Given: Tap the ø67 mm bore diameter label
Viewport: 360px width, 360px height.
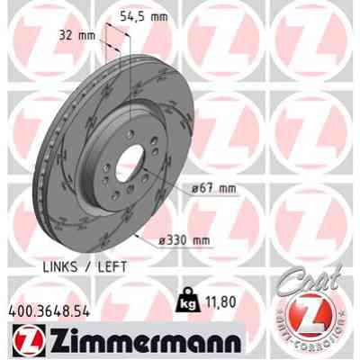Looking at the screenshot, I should (213, 189).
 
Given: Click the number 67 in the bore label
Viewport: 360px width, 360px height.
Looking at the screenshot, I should (209, 189).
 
